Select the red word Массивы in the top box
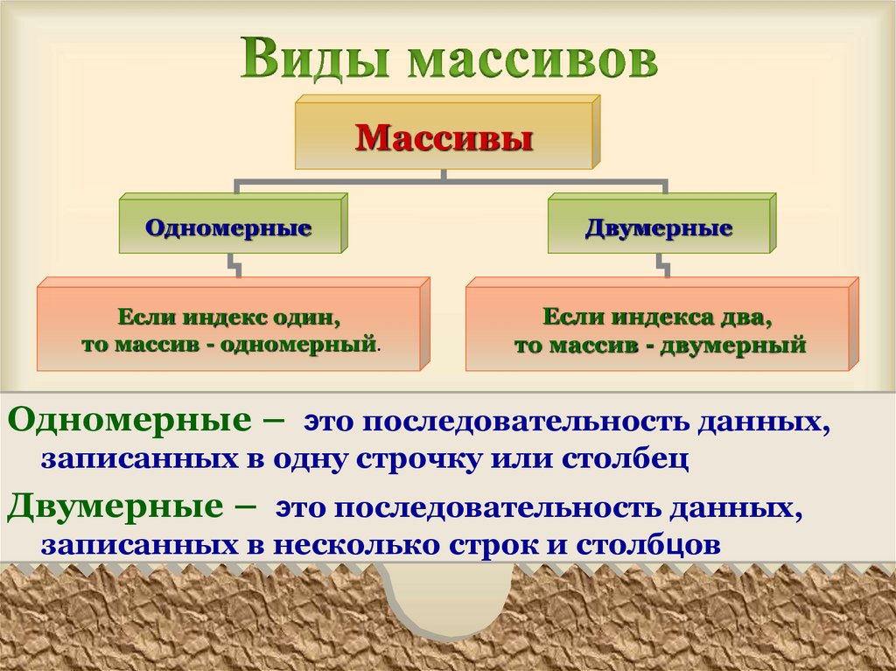[444, 138]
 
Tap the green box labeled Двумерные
[658, 229]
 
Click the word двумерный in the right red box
[740, 345]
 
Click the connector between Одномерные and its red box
[234, 265]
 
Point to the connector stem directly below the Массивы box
[444, 175]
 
